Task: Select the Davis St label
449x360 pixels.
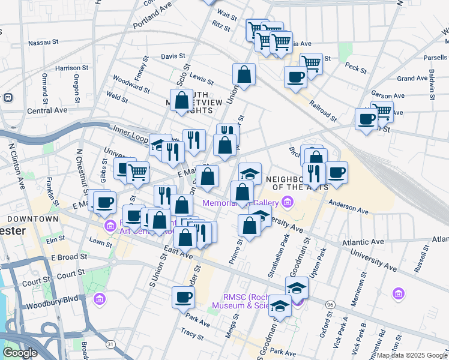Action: point(173,56)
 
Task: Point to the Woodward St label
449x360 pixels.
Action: point(131,85)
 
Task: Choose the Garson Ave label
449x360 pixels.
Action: point(387,95)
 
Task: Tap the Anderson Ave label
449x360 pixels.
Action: point(348,207)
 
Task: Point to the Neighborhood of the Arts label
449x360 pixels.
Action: point(297,183)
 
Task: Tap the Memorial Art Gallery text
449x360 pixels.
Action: point(240,203)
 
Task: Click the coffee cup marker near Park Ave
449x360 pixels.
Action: point(183,296)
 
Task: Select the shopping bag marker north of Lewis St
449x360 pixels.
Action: point(244,75)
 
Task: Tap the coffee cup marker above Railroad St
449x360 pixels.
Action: point(295,77)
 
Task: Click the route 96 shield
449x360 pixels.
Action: point(330,305)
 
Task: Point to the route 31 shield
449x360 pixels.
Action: point(110,344)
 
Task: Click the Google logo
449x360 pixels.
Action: point(20,353)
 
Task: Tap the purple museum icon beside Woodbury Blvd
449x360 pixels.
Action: point(100,298)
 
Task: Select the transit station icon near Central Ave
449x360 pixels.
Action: point(8,97)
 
